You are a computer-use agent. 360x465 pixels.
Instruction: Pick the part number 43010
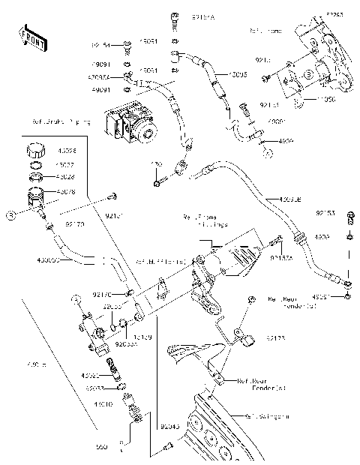point(103,403)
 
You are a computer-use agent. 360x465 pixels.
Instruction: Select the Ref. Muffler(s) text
point(160,262)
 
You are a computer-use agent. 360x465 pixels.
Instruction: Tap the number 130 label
point(157,163)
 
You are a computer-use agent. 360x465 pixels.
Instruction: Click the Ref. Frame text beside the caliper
point(266,31)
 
